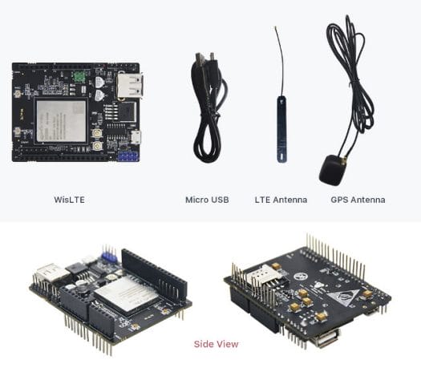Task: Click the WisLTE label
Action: pos(69,200)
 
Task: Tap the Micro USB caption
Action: pos(207,200)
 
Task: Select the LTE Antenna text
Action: pos(281,200)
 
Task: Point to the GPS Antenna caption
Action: pos(358,200)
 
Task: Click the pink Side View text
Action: pos(217,344)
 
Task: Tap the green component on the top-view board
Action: pos(79,76)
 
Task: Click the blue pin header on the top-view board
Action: pos(128,156)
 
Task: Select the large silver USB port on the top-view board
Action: pos(129,85)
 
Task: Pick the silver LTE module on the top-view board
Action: pos(62,121)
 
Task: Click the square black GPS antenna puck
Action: pos(332,170)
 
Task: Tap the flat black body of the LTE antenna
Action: pos(281,130)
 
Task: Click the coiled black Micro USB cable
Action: pos(209,107)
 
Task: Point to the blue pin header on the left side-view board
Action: pos(109,254)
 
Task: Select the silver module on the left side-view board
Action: pos(126,294)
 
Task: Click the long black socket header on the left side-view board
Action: pos(154,273)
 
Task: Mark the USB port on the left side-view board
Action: pos(51,273)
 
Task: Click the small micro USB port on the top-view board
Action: pos(136,137)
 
